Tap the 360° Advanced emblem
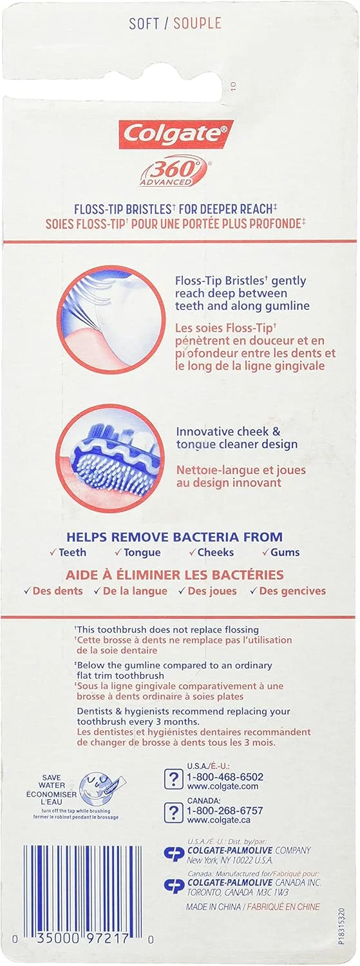[x=173, y=173]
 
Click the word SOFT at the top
[x=144, y=23]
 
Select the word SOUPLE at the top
[x=198, y=23]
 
